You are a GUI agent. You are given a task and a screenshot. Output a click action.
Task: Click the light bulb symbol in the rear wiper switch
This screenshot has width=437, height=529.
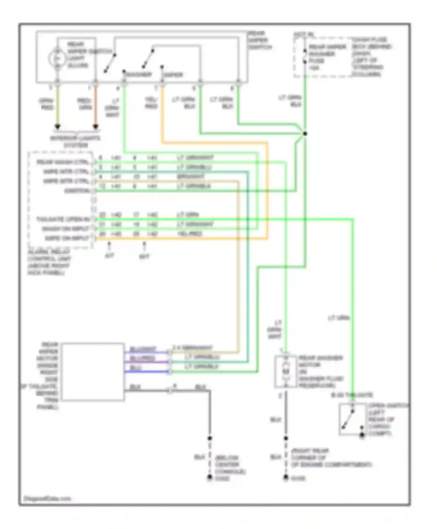click(x=57, y=58)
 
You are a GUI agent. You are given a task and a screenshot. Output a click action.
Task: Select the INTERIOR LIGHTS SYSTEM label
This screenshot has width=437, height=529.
click(x=75, y=141)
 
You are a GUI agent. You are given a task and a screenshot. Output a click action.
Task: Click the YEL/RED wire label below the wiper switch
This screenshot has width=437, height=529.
click(x=151, y=103)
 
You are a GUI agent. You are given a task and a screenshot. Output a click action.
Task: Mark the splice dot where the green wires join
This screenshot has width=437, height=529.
click(x=305, y=134)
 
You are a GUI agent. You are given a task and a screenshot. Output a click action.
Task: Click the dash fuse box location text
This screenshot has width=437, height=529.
click(x=371, y=57)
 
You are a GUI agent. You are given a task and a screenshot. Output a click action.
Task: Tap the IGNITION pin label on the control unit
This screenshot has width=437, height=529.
click(x=77, y=191)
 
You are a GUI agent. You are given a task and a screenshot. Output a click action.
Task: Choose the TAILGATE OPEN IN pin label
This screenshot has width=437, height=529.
click(x=63, y=219)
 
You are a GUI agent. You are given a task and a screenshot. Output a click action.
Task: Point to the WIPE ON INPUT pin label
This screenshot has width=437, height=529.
click(x=67, y=238)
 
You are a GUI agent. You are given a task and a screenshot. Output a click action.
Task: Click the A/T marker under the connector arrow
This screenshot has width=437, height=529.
click(x=109, y=256)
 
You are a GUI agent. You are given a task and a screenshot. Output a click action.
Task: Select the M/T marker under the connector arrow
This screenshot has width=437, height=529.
click(x=144, y=256)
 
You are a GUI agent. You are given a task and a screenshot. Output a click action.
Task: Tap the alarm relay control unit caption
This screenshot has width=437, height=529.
click(x=49, y=262)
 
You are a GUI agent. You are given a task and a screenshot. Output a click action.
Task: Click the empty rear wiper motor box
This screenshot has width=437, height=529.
click(x=93, y=372)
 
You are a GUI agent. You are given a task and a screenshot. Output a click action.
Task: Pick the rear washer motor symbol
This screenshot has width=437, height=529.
click(x=286, y=371)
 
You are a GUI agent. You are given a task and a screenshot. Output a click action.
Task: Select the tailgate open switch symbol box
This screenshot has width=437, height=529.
click(x=353, y=419)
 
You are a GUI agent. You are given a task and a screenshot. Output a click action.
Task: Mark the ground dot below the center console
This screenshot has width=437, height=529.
click(x=209, y=477)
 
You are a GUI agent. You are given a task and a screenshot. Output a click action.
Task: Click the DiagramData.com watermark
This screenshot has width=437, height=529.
click(x=47, y=498)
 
